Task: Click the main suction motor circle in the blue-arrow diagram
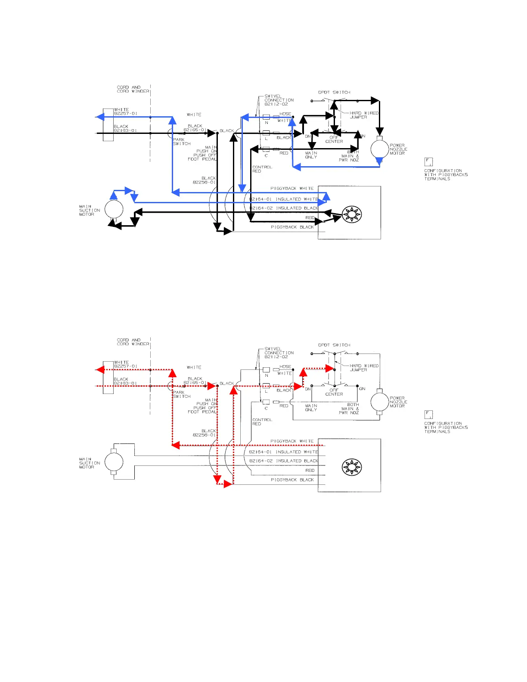click(114, 210)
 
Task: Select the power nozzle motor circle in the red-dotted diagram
click(379, 402)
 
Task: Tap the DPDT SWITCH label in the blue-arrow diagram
click(334, 93)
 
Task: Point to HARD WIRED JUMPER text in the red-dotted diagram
click(363, 368)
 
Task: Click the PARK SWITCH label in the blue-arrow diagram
click(181, 142)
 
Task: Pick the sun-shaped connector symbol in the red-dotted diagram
click(352, 467)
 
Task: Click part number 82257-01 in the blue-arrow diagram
click(126, 114)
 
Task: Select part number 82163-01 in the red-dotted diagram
click(126, 383)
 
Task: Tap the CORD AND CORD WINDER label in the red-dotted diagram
click(133, 342)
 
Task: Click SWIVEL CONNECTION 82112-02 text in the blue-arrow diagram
click(279, 100)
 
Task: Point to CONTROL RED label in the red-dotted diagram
click(262, 422)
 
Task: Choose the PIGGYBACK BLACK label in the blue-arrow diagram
click(292, 227)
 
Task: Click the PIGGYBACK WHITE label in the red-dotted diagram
click(292, 441)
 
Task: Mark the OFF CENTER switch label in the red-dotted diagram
click(334, 392)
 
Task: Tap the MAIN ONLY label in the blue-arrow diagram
click(311, 155)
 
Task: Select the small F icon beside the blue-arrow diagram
click(428, 162)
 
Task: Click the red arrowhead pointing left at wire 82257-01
click(100, 369)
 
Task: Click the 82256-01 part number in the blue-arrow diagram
click(204, 182)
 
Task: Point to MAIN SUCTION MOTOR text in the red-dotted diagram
click(90, 463)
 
